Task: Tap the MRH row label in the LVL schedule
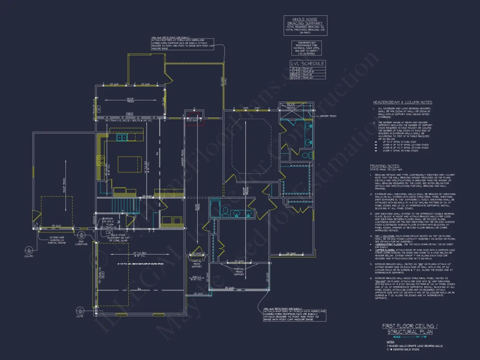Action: click(x=293, y=75)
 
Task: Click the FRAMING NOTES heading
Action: click(x=384, y=166)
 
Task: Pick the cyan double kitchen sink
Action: click(x=123, y=138)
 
